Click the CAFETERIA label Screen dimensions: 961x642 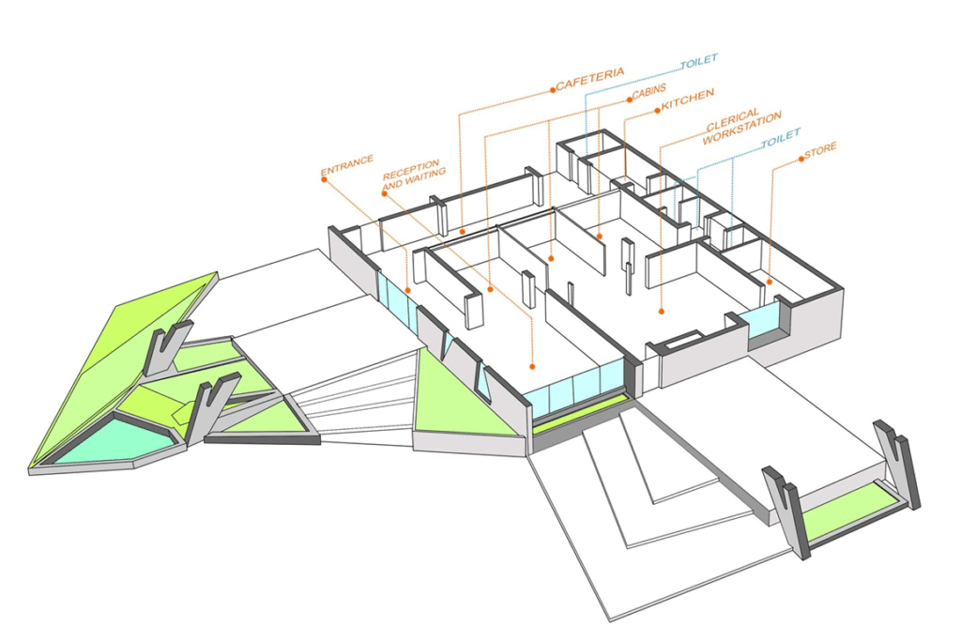click(590, 79)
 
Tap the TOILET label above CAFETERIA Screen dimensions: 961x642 click(698, 61)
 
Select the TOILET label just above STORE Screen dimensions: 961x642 click(781, 139)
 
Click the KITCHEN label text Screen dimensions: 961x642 click(688, 99)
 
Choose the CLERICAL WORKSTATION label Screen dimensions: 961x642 click(741, 126)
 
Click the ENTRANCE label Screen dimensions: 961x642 click(347, 165)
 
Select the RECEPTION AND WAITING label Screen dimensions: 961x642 click(414, 174)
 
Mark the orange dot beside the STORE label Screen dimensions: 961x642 click(801, 159)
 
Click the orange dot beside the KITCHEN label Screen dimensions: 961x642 click(658, 111)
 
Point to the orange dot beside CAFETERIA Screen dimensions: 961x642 click(552, 89)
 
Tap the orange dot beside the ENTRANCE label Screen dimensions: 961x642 click(324, 179)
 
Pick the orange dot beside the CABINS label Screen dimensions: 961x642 click(629, 99)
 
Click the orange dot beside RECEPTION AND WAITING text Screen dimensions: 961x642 click(384, 193)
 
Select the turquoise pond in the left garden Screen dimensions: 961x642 click(107, 440)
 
